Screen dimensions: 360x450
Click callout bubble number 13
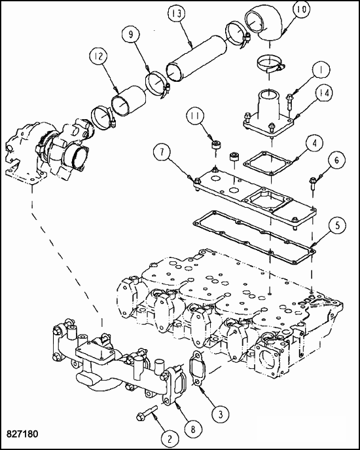(177, 14)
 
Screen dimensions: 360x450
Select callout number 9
(131, 35)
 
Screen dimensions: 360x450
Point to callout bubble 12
(99, 56)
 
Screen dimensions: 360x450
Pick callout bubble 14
(323, 93)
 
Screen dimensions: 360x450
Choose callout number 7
(162, 152)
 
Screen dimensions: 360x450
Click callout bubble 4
(315, 143)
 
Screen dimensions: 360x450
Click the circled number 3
(220, 414)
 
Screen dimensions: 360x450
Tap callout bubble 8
(193, 430)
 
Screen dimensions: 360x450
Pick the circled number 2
(170, 439)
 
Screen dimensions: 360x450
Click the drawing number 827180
(22, 434)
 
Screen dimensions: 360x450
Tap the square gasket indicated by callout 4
(268, 162)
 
